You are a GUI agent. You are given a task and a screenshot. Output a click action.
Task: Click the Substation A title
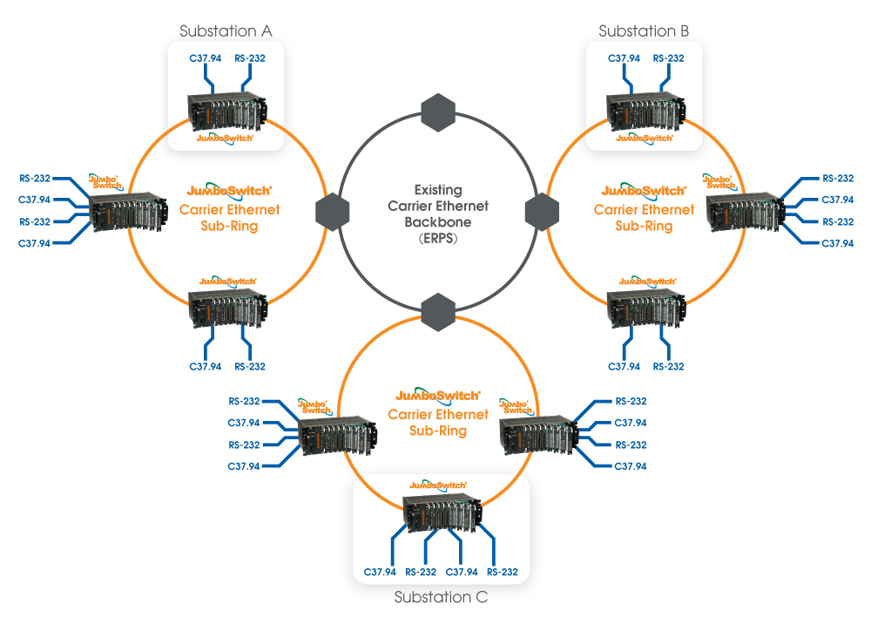(x=226, y=31)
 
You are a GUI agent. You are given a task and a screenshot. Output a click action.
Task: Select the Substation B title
(x=644, y=31)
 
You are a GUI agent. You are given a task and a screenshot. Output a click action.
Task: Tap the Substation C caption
(x=441, y=598)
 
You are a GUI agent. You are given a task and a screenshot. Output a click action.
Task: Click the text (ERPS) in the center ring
(x=438, y=238)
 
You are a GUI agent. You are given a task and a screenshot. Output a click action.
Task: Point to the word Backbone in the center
(x=438, y=222)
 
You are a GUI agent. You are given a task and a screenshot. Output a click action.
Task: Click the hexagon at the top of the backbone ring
(x=438, y=112)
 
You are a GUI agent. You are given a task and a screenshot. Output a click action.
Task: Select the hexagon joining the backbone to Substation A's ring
(x=332, y=211)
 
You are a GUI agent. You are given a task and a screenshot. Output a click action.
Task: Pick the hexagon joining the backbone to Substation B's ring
(x=544, y=211)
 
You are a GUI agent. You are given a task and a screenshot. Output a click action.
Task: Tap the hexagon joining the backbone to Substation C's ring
(x=438, y=310)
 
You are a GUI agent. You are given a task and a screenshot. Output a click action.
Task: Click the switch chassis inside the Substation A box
(x=226, y=110)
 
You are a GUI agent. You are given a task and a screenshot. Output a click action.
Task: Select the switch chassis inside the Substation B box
(x=645, y=110)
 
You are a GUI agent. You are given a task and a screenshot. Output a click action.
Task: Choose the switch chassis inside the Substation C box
(x=442, y=514)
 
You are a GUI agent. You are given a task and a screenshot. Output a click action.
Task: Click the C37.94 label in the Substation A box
(x=206, y=58)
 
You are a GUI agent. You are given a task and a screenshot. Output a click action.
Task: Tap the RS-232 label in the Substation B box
(x=668, y=58)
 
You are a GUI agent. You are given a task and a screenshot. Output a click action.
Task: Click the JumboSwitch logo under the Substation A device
(x=226, y=138)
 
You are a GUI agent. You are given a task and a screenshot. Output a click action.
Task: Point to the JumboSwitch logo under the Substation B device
(x=645, y=138)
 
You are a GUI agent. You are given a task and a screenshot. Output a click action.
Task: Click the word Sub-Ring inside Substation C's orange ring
(x=438, y=431)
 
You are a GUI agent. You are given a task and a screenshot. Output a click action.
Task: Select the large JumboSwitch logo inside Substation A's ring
(x=230, y=190)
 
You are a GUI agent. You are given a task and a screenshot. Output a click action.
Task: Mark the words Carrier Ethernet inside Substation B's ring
(x=645, y=209)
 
